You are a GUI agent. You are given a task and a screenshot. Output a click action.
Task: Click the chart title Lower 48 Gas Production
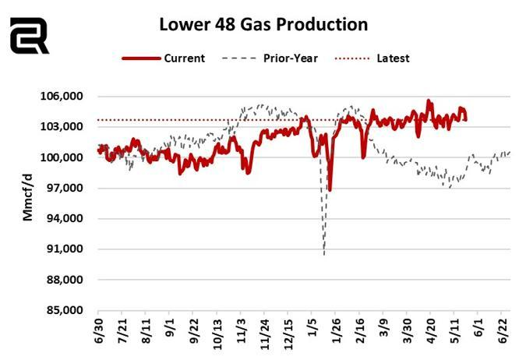(263, 24)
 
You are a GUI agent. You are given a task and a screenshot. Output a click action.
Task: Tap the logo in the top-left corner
(29, 35)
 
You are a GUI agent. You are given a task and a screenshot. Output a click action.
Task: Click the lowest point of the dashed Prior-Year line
(324, 254)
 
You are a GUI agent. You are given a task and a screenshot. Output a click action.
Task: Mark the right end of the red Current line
(465, 119)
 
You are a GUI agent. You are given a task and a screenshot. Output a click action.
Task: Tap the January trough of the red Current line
(330, 189)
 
